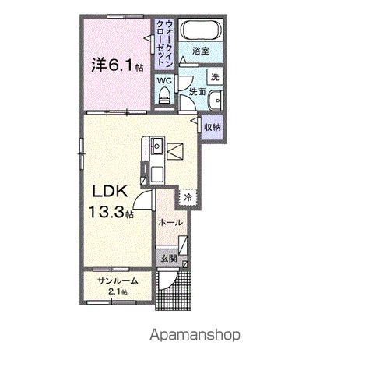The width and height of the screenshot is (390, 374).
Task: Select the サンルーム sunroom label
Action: click(x=118, y=281)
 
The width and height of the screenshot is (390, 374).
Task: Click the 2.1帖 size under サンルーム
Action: click(x=118, y=291)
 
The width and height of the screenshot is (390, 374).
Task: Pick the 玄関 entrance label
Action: click(x=169, y=257)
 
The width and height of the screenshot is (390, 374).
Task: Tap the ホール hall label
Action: click(x=170, y=222)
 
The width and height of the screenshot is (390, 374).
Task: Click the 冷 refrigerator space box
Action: click(x=188, y=198)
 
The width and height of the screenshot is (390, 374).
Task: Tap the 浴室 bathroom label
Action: click(x=202, y=51)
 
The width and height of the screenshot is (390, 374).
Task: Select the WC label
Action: click(x=164, y=80)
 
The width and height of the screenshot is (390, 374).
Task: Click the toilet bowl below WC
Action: click(x=164, y=96)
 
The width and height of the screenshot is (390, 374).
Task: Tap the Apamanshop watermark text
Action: click(x=195, y=335)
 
